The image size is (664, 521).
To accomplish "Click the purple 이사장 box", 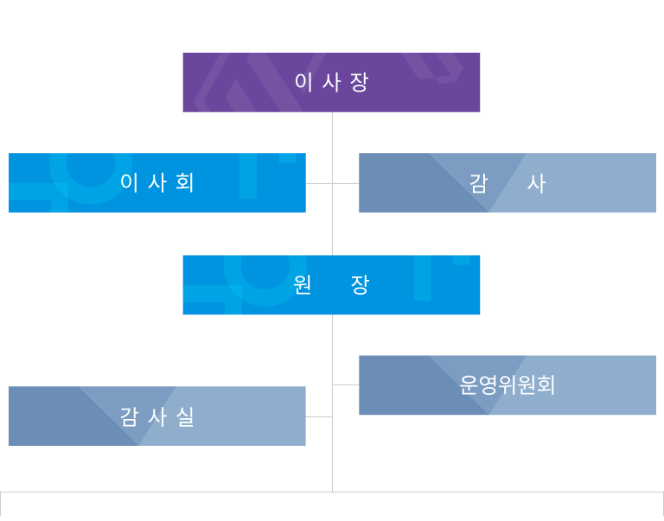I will [331, 82].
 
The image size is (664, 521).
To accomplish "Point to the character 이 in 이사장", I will [303, 82].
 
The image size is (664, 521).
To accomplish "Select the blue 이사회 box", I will [157, 182].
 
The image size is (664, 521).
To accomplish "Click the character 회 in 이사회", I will [185, 182].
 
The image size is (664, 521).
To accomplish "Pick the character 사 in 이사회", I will [157, 182].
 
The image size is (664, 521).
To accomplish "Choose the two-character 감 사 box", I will [508, 182].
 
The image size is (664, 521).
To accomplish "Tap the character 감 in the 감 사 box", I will [478, 183].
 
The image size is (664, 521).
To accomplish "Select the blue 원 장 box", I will [331, 285].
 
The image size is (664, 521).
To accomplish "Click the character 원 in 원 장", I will [303, 285].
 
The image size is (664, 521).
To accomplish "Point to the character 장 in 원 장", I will [360, 285].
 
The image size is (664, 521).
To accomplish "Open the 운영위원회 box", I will [508, 385].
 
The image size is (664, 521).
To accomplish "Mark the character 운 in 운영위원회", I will [469, 385].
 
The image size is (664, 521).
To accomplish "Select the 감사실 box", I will [157, 416].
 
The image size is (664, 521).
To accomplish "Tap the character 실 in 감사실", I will [185, 416].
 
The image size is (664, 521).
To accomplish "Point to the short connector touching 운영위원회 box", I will [345, 384].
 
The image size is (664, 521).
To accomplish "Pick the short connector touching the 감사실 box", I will [319, 416].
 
